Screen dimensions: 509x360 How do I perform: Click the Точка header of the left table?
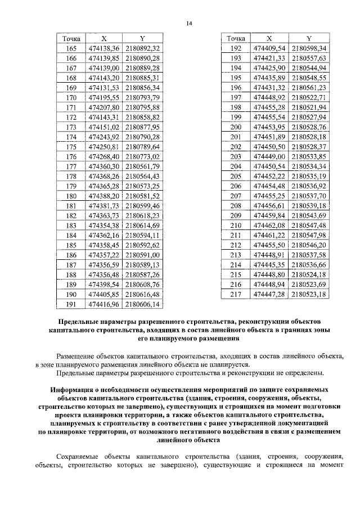click(x=71, y=38)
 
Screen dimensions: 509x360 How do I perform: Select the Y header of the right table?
click(x=309, y=38)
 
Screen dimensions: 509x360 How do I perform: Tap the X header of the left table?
click(x=103, y=38)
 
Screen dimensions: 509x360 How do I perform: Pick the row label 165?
click(x=71, y=48)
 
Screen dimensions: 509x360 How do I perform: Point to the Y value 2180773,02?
click(x=143, y=156)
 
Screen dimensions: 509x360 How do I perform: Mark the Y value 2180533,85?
click(x=309, y=156)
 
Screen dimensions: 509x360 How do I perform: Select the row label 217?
click(x=236, y=294)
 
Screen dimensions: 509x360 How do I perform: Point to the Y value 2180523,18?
click(x=309, y=294)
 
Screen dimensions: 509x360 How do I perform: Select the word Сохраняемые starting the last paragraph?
click(x=84, y=455)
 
